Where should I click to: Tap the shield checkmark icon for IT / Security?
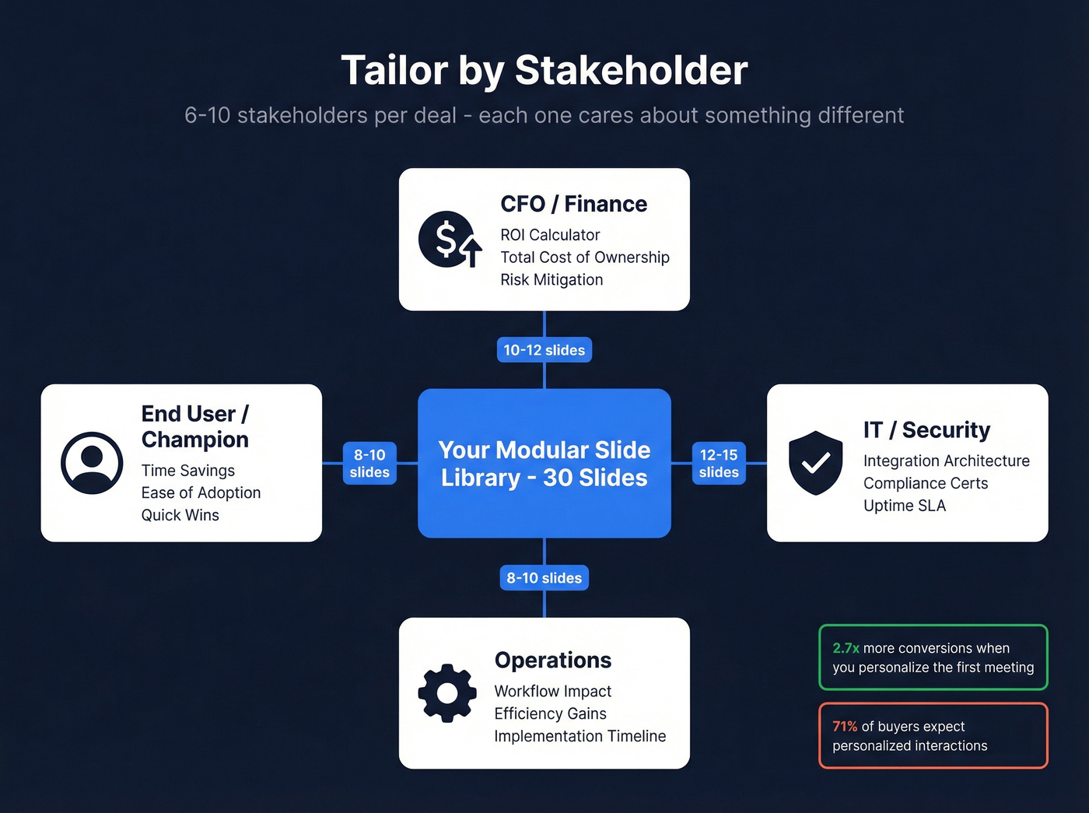(815, 463)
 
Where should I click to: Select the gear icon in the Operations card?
(447, 692)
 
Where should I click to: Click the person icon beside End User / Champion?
(92, 463)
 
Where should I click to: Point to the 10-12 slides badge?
(544, 350)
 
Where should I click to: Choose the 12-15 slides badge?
(719, 463)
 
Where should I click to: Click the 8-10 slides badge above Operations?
(544, 578)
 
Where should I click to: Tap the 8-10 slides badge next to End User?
(369, 463)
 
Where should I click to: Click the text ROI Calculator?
(550, 235)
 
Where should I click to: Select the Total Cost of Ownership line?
(584, 258)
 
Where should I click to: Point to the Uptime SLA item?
(904, 506)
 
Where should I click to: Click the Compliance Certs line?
(925, 483)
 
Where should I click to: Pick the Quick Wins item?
(180, 515)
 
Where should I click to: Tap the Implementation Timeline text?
(580, 736)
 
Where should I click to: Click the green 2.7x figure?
(846, 648)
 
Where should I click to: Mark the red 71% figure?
(844, 727)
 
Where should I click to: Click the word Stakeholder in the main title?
(631, 70)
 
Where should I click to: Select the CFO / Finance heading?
(573, 204)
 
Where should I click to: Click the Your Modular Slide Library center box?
(544, 463)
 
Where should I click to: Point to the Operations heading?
(552, 660)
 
